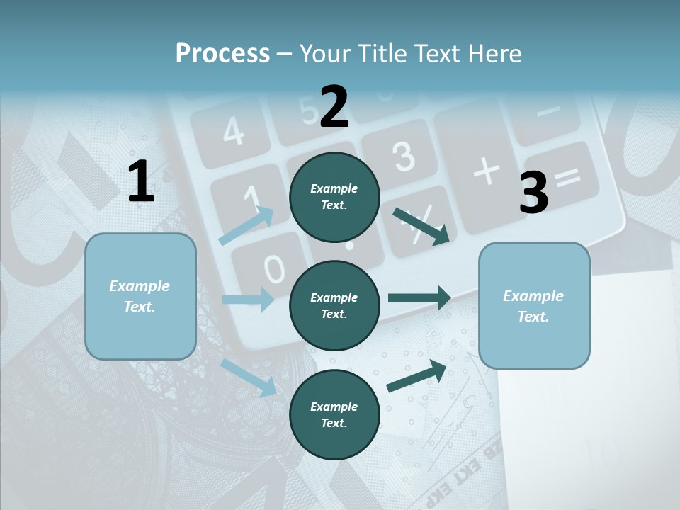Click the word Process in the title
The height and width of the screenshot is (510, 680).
click(222, 54)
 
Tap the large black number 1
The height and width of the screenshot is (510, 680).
click(141, 182)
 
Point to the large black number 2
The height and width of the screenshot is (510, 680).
click(334, 107)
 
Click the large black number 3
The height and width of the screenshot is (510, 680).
click(533, 193)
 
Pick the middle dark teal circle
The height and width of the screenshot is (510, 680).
click(334, 305)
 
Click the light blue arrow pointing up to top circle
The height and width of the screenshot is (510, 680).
click(246, 226)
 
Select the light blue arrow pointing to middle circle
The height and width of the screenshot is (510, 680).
click(248, 300)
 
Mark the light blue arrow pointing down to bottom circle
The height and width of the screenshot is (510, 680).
click(248, 377)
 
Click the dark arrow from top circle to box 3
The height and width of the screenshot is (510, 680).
click(421, 226)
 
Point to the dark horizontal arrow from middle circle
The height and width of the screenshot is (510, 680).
click(419, 298)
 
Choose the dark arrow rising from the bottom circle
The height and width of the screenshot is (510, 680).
click(416, 375)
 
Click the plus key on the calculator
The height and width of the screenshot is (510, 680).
click(486, 171)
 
